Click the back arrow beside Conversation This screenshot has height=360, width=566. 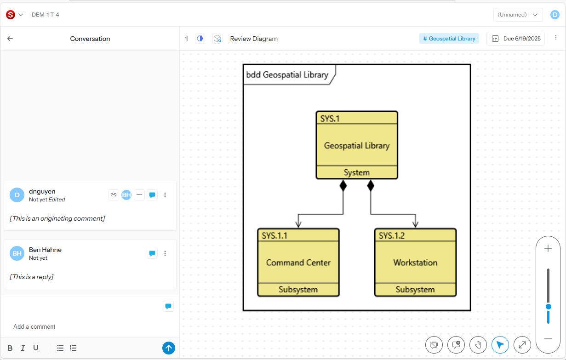coord(10,39)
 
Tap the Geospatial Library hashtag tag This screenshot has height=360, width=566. coord(449,39)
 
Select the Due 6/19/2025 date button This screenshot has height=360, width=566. coord(515,39)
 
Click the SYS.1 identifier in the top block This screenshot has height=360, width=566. coord(330,118)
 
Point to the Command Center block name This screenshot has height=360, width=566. coord(298,263)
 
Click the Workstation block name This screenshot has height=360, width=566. coord(415,263)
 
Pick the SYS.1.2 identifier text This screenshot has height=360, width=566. coord(392,235)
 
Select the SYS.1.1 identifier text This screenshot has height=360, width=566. coord(274,235)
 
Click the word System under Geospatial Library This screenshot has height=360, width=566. coord(356,172)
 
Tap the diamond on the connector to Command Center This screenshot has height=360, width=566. coord(343,185)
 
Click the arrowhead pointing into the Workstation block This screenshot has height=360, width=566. coord(415,224)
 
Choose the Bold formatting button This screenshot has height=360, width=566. coord(10,348)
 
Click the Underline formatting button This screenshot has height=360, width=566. coord(35,348)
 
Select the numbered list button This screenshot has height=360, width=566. coord(73,348)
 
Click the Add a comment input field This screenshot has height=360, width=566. coord(87,326)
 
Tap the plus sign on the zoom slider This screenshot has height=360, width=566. coord(548,249)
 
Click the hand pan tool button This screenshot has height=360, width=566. coord(478,344)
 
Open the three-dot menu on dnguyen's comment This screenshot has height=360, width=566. coord(165,195)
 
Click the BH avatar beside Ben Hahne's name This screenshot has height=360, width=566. coord(17,253)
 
